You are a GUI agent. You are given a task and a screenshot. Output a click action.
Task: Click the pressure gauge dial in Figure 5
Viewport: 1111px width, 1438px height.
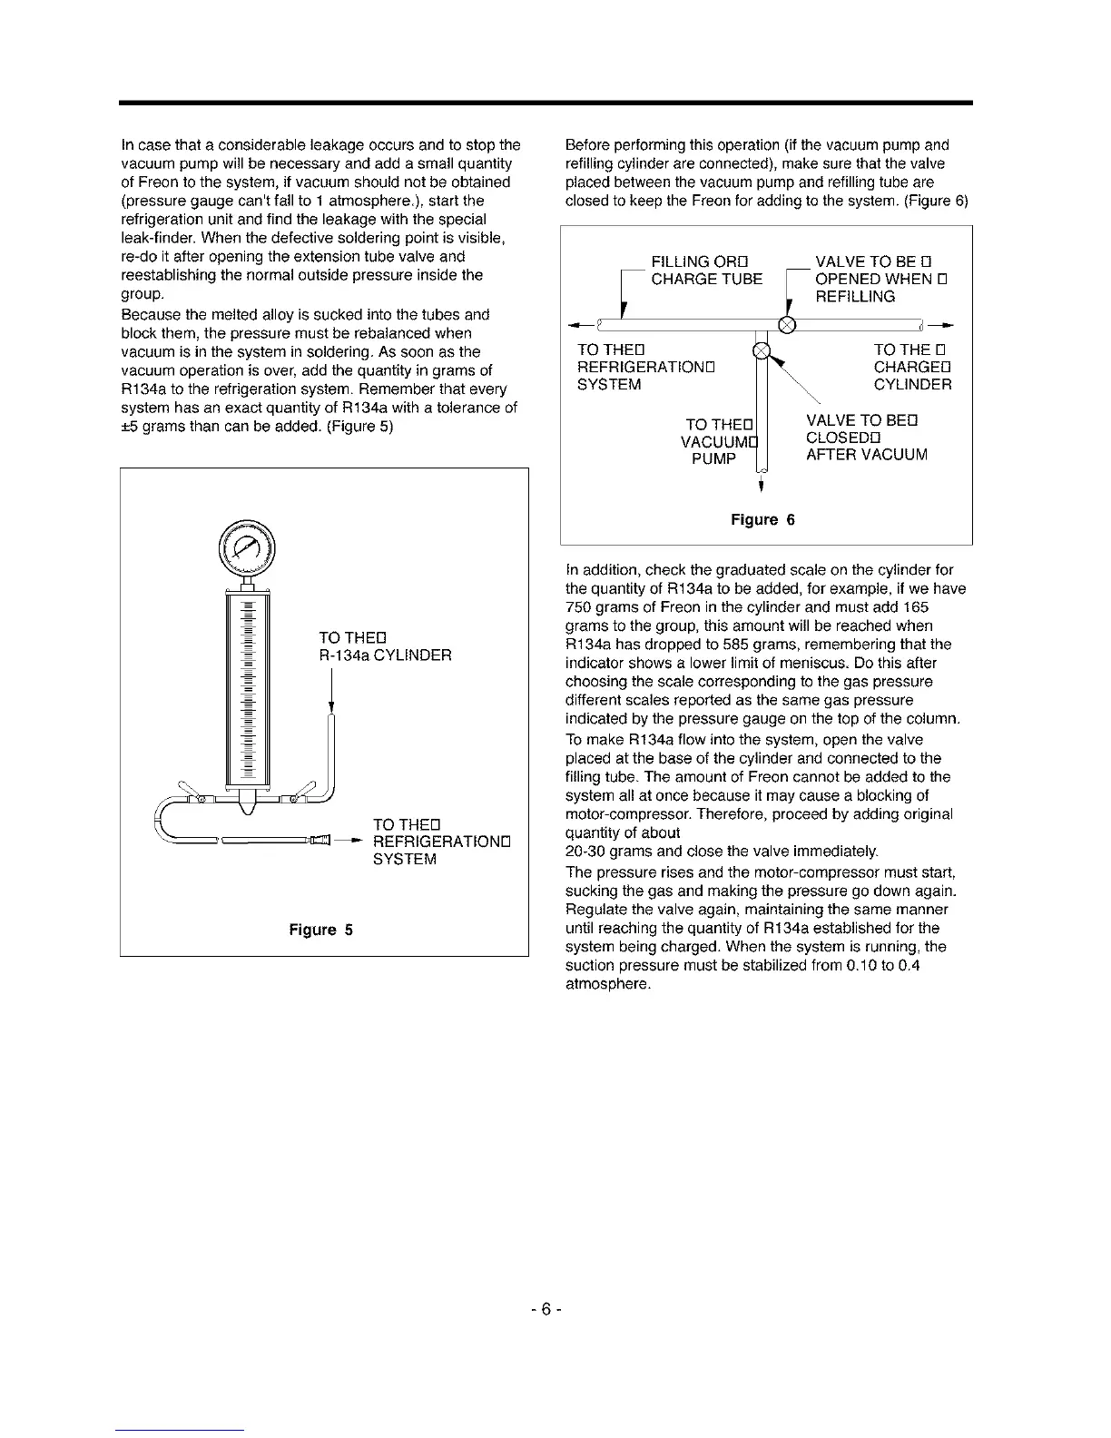(x=244, y=547)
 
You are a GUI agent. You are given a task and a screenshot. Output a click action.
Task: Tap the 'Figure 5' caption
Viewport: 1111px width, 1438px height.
(x=320, y=930)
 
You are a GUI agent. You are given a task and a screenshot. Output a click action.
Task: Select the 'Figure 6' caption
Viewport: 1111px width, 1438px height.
(x=762, y=519)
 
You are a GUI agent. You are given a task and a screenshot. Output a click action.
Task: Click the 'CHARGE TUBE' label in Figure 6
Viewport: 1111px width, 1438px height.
(x=707, y=279)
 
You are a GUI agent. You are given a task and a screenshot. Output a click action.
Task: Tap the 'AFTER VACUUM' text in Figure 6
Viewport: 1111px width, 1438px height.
(x=867, y=455)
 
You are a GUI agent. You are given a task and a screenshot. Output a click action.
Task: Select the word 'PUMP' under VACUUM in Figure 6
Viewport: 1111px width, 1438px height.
(x=713, y=458)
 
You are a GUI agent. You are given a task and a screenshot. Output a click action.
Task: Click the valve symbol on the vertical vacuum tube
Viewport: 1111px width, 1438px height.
(x=762, y=350)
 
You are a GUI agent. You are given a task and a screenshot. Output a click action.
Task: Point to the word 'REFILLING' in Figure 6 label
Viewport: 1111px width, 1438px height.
(x=855, y=297)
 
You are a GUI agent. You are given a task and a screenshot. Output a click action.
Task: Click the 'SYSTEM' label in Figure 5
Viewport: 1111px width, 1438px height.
(x=405, y=859)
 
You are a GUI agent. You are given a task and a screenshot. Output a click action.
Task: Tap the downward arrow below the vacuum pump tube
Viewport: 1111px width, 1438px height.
(x=762, y=483)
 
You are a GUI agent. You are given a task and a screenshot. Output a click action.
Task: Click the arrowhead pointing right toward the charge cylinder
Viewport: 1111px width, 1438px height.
(x=948, y=323)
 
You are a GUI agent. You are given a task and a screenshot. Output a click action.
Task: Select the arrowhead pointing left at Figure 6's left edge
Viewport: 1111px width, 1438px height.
(x=573, y=324)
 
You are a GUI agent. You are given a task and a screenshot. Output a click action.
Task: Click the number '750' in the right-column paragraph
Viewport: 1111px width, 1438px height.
(x=578, y=607)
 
